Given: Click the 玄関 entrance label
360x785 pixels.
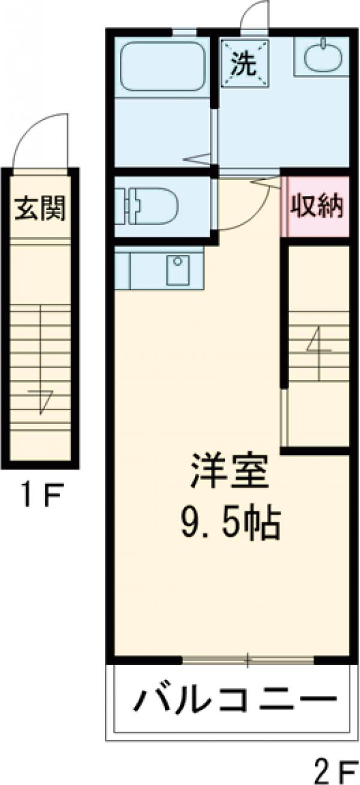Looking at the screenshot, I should pyautogui.click(x=40, y=210).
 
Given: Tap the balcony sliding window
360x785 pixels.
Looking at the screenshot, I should pyautogui.click(x=248, y=660).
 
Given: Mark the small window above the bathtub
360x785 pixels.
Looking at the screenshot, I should pyautogui.click(x=184, y=32).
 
